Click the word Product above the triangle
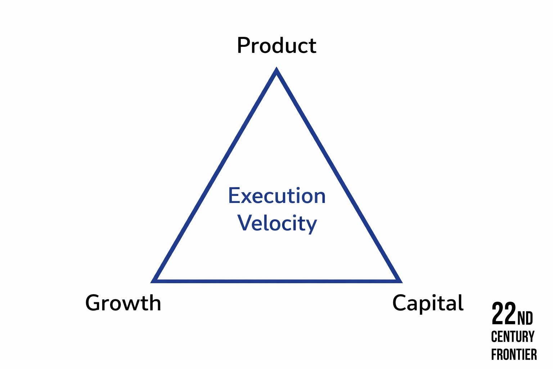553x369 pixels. tap(276, 46)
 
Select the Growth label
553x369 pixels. tap(123, 303)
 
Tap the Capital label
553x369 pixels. tap(428, 303)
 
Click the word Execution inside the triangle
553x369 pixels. tap(277, 196)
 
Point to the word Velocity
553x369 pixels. tap(277, 223)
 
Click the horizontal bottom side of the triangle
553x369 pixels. tap(276, 281)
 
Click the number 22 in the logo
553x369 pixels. tap(504, 314)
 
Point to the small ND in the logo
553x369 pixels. tap(525, 318)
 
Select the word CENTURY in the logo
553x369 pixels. tap(513, 337)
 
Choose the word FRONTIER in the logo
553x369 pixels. tap(514, 355)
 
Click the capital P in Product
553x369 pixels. tap(243, 46)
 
